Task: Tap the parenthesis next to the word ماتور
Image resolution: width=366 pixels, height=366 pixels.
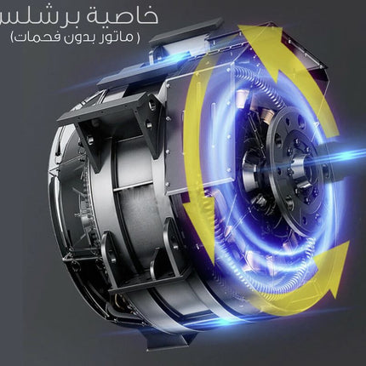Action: click(x=137, y=37)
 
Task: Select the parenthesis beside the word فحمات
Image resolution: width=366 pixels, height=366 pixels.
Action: click(x=13, y=37)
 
